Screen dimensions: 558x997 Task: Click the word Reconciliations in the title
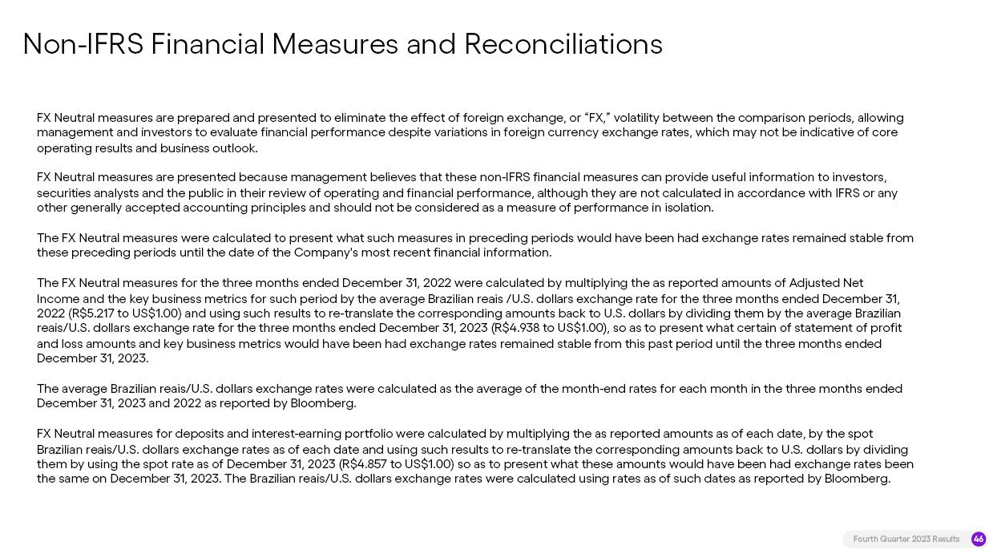tap(563, 44)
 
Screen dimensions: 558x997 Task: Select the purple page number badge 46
tap(978, 539)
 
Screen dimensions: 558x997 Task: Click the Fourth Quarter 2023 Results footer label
tap(906, 539)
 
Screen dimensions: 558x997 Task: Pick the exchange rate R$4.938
tap(522, 328)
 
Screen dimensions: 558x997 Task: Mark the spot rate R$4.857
tap(368, 464)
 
